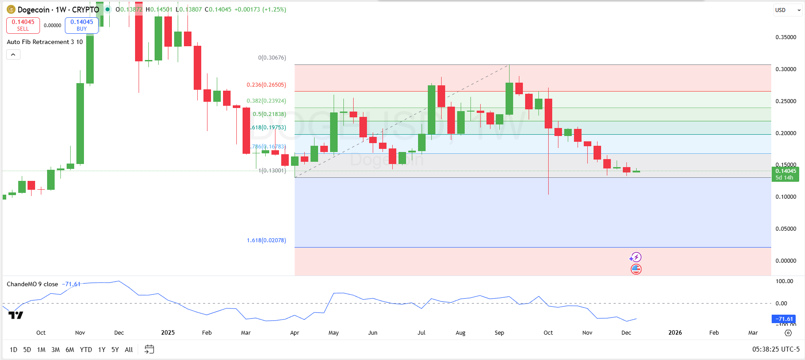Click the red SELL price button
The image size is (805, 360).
tap(23, 25)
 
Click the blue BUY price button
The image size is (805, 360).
tap(82, 25)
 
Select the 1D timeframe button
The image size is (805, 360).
tap(13, 350)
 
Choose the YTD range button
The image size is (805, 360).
tap(86, 350)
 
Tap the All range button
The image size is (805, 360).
tap(129, 350)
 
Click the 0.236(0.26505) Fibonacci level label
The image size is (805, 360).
tap(266, 85)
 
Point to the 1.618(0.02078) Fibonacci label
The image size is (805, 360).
tap(266, 240)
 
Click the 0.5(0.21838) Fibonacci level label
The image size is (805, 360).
tap(269, 114)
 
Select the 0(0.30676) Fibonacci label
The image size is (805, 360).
tap(272, 58)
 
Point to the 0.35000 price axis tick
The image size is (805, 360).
tap(785, 37)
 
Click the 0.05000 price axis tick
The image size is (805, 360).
tap(785, 229)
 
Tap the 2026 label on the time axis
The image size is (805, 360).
tap(675, 333)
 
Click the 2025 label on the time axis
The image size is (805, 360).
tap(168, 333)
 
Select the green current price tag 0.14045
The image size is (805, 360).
tap(785, 174)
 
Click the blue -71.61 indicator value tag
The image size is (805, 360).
tap(785, 319)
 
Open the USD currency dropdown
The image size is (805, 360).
tap(788, 10)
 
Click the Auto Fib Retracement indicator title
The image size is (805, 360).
tap(44, 42)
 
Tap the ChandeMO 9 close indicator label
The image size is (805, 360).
tap(32, 284)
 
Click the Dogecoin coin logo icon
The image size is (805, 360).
tap(11, 9)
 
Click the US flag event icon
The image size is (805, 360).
tap(636, 269)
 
